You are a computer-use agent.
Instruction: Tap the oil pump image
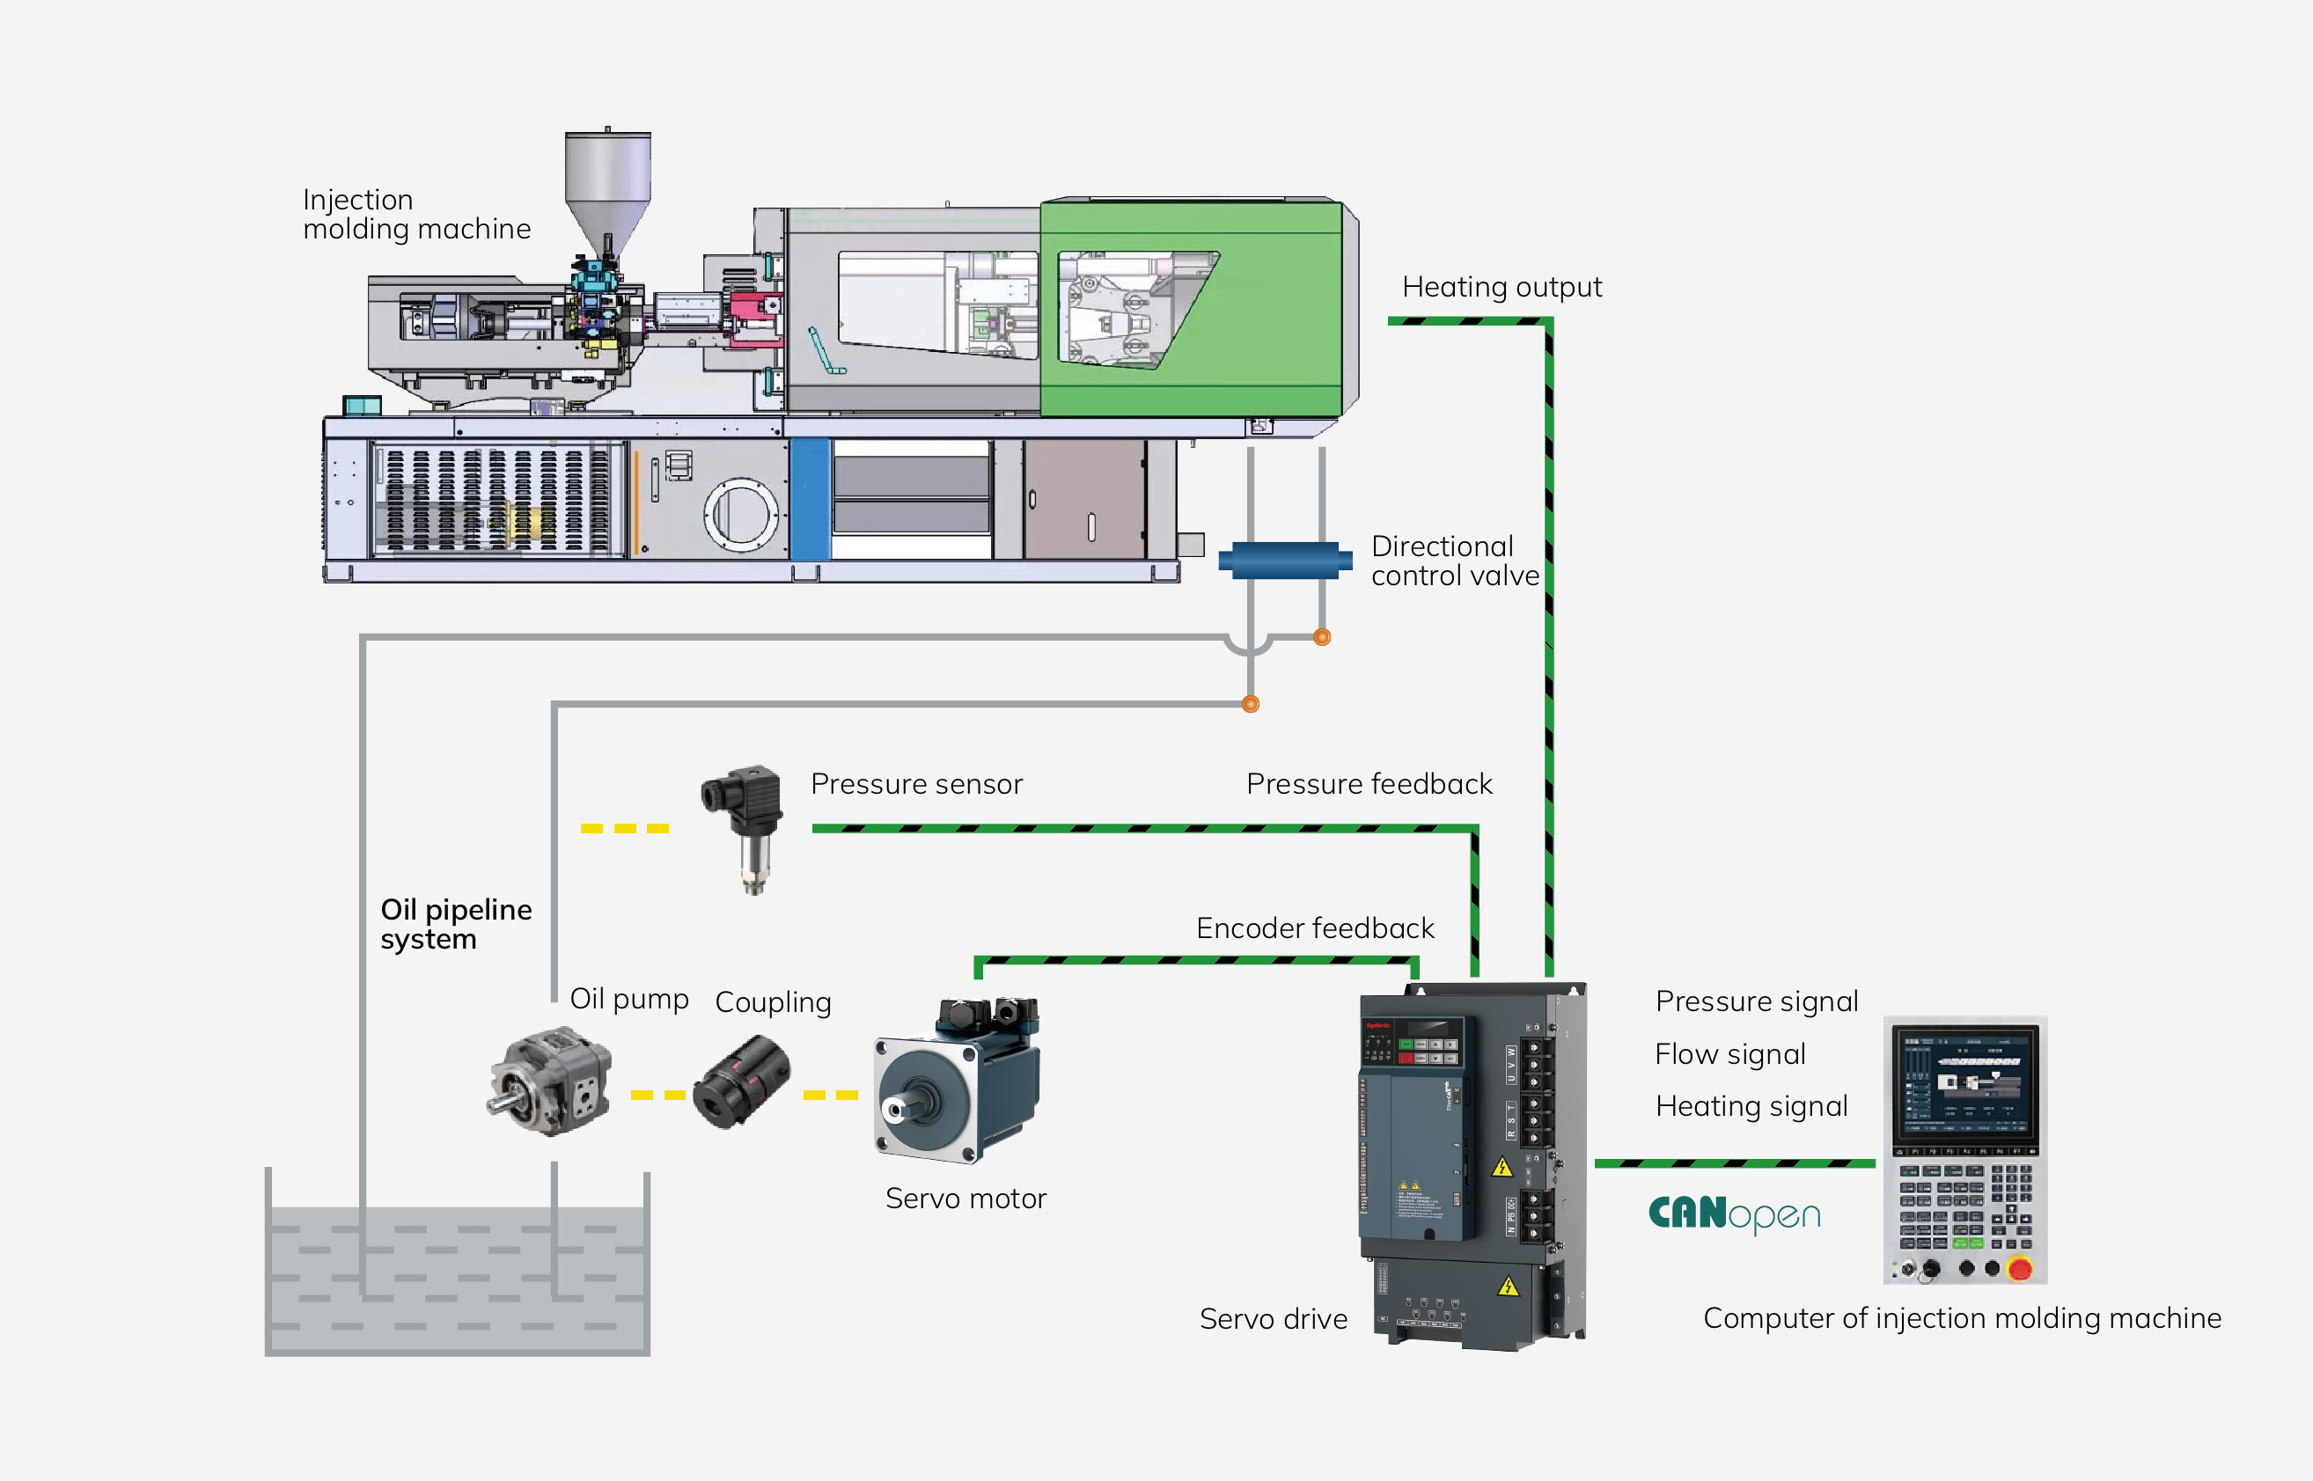click(x=550, y=1081)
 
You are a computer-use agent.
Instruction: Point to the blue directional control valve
click(x=1285, y=560)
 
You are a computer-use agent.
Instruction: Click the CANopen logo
click(x=1734, y=1214)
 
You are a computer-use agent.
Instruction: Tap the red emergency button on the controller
click(x=2020, y=1268)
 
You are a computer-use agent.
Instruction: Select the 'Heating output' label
click(x=1502, y=287)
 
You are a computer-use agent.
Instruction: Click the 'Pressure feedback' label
click(x=1369, y=784)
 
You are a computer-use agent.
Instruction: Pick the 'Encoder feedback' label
click(x=1315, y=928)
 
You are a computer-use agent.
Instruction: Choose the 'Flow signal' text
click(x=1729, y=1054)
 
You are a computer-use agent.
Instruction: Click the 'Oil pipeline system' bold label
click(x=456, y=923)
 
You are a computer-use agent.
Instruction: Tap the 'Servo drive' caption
click(x=1273, y=1318)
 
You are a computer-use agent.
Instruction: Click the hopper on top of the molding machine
click(x=607, y=187)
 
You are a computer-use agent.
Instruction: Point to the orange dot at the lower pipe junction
click(x=1251, y=704)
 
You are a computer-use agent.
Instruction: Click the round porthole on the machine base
click(x=740, y=515)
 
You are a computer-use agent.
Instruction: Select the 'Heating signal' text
click(x=1751, y=1106)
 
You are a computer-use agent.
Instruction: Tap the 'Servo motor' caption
click(x=966, y=1199)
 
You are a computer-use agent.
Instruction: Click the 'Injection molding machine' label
click(x=416, y=214)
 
